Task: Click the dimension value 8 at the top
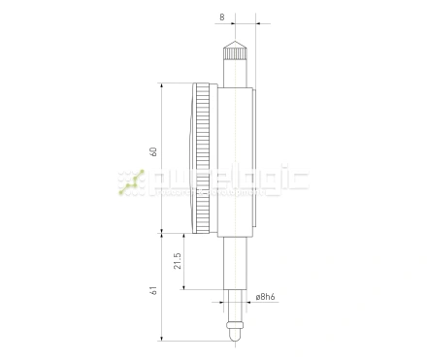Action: (x=222, y=17)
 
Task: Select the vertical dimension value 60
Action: (x=152, y=153)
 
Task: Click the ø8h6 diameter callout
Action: (x=269, y=298)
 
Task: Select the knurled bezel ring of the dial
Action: (x=204, y=159)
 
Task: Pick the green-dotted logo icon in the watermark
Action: (x=130, y=183)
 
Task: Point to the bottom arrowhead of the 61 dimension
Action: (x=162, y=339)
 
